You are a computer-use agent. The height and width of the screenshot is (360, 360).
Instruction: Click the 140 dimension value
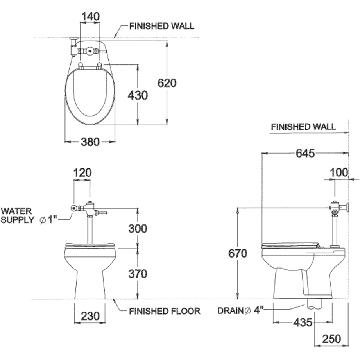(91, 16)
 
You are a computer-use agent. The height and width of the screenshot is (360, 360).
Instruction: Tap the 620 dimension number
(167, 83)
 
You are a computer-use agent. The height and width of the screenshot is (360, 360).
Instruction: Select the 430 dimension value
(138, 95)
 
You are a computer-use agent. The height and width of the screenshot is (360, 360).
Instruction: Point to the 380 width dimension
(90, 142)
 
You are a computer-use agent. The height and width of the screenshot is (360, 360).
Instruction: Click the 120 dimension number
(82, 172)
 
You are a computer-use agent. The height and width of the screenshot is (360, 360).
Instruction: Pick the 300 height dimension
(138, 228)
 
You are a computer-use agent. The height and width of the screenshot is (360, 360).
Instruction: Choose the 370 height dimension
(138, 274)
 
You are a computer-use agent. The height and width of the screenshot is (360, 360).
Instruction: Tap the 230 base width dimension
(90, 316)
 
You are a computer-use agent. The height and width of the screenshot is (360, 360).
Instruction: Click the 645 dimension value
(305, 153)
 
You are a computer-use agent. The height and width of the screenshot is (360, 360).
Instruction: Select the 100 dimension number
(339, 172)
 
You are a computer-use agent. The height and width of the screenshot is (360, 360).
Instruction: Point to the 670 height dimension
(238, 253)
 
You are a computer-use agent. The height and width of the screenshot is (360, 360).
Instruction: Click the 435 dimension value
(303, 322)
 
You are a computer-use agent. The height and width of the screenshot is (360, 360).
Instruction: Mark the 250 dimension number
(331, 339)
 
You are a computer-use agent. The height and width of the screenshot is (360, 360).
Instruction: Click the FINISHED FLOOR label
(165, 311)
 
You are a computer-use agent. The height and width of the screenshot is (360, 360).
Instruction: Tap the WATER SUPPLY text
(17, 215)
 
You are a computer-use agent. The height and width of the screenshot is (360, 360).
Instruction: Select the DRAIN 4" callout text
(240, 311)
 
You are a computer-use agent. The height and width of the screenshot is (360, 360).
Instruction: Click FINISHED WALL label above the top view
(162, 26)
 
